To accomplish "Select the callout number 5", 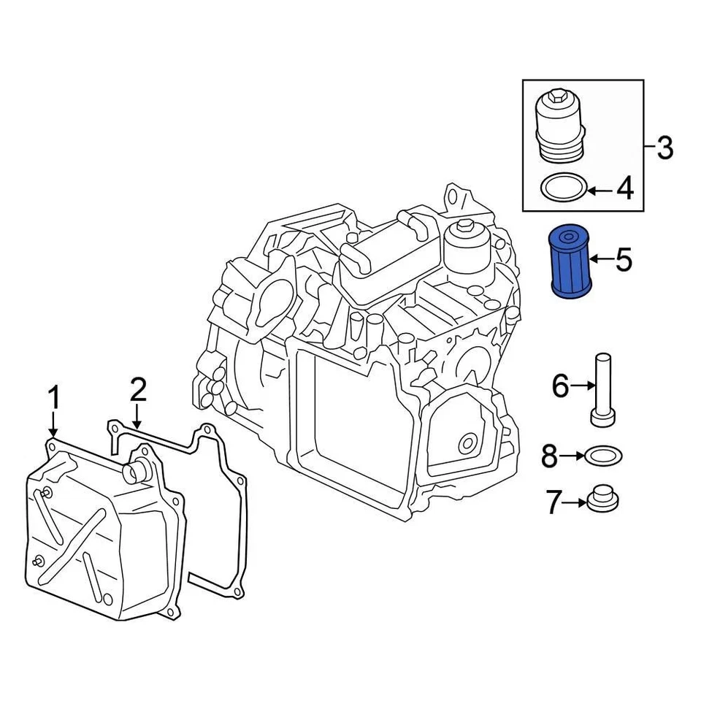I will pyautogui.click(x=623, y=259).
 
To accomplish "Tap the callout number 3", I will pyautogui.click(x=664, y=148).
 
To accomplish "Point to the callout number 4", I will pyautogui.click(x=624, y=190).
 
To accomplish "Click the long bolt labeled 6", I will pyautogui.click(x=602, y=388).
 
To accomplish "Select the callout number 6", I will pyautogui.click(x=559, y=386).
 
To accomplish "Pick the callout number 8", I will pyautogui.click(x=550, y=458).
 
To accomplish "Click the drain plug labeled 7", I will pyautogui.click(x=603, y=499).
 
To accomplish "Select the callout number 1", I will pyautogui.click(x=53, y=399).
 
